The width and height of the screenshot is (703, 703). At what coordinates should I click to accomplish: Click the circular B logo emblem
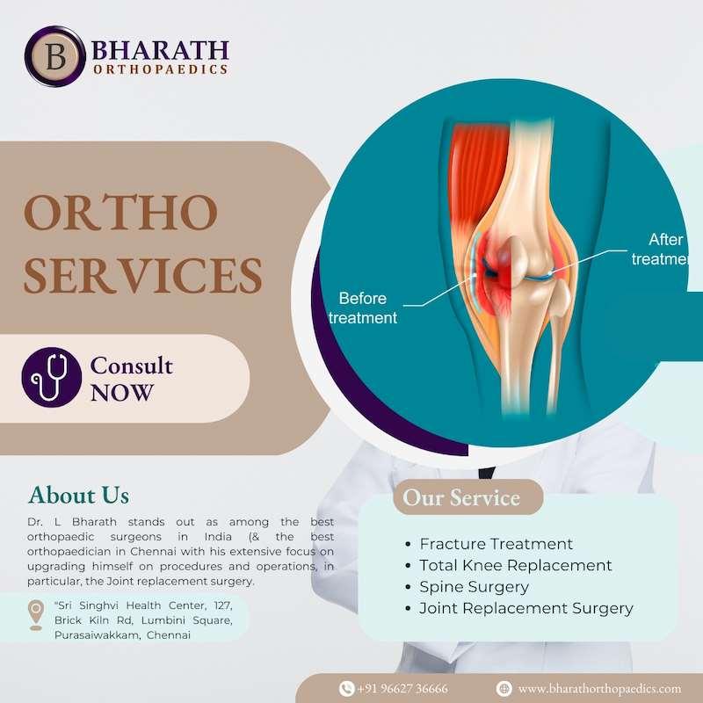pyautogui.click(x=54, y=57)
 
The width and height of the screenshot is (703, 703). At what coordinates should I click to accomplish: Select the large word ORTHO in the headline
pyautogui.click(x=120, y=214)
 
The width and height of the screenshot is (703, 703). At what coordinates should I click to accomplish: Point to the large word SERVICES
pyautogui.click(x=142, y=275)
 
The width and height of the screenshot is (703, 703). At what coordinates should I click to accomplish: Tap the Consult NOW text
pyautogui.click(x=132, y=379)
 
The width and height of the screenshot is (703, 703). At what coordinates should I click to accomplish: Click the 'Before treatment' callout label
pyautogui.click(x=362, y=308)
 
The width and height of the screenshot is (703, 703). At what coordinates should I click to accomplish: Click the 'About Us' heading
pyautogui.click(x=79, y=494)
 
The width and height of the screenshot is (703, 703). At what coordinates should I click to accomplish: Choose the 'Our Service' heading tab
pyautogui.click(x=461, y=498)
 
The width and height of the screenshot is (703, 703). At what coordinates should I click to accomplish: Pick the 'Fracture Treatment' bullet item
pyautogui.click(x=496, y=544)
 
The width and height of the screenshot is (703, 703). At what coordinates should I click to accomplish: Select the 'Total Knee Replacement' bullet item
pyautogui.click(x=516, y=565)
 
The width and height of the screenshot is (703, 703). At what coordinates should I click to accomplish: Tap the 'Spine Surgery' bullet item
pyautogui.click(x=474, y=586)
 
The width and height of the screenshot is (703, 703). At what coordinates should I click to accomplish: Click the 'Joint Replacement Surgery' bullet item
pyautogui.click(x=525, y=607)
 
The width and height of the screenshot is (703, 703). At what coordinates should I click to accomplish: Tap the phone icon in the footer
pyautogui.click(x=346, y=689)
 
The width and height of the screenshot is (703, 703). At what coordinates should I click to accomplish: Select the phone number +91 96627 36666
pyautogui.click(x=402, y=689)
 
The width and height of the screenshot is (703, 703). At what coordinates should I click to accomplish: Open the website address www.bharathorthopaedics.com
pyautogui.click(x=599, y=689)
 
